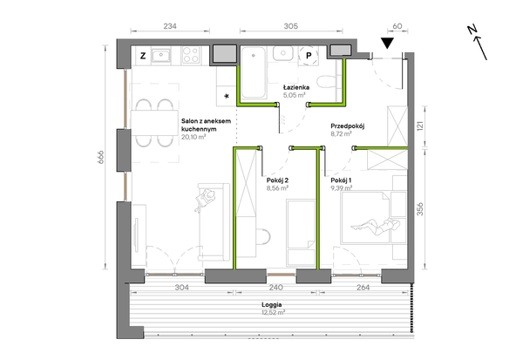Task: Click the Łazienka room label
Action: (296, 87)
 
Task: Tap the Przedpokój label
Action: (347, 126)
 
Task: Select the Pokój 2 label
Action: (277, 180)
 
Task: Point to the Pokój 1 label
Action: (341, 180)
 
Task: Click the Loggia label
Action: (271, 304)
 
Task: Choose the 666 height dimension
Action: (101, 157)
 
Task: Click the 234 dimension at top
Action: (170, 26)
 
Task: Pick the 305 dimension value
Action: (290, 26)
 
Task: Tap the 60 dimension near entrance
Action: (397, 26)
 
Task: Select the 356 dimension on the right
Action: (420, 209)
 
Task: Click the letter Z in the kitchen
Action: (143, 56)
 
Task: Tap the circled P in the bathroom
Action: (309, 56)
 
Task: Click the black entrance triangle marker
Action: (387, 43)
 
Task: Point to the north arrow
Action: (478, 43)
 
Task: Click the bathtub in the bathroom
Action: (254, 73)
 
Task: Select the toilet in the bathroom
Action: (324, 82)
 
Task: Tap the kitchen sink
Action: (161, 55)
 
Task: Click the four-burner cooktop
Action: (191, 55)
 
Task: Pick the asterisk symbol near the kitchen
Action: (227, 97)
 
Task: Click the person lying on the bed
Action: (375, 227)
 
